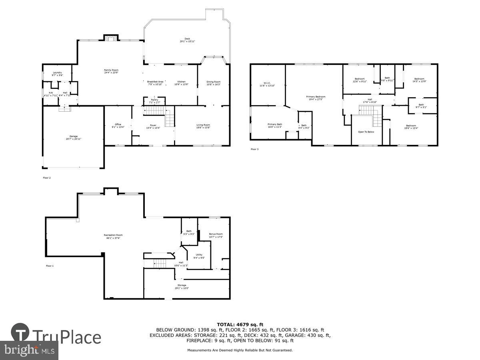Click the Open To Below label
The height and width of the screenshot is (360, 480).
[x=366, y=132]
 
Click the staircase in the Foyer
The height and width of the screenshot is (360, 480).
[x=170, y=118]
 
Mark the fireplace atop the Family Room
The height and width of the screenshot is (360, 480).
[x=111, y=38]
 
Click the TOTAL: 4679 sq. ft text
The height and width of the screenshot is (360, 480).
[x=240, y=324]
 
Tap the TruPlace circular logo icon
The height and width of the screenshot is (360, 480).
[x=20, y=332]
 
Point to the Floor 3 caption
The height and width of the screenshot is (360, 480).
[x=255, y=149]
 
